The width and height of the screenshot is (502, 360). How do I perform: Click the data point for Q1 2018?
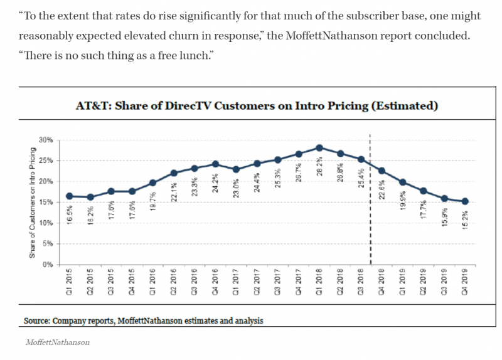pyautogui.click(x=319, y=148)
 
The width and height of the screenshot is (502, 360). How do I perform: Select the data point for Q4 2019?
pyautogui.click(x=464, y=201)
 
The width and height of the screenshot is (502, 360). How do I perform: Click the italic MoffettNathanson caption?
pyautogui.click(x=56, y=342)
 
